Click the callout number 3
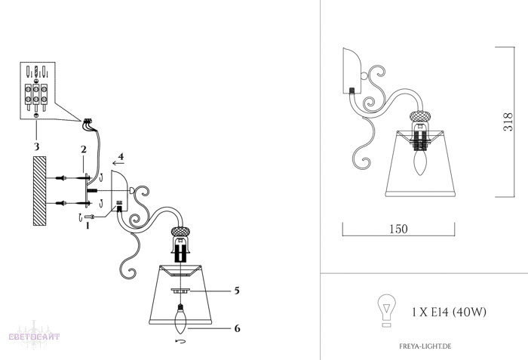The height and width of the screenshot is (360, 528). (36, 146)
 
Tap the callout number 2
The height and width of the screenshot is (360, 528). (84, 149)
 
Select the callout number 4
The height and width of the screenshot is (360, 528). (121, 156)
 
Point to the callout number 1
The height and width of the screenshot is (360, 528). (87, 226)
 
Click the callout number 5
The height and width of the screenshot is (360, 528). (237, 291)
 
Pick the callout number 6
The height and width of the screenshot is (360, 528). (237, 328)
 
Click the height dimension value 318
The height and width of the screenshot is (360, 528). (508, 122)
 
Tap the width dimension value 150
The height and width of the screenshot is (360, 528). (398, 229)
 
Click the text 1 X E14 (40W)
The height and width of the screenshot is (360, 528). (450, 312)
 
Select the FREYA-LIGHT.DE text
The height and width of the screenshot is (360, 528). (425, 346)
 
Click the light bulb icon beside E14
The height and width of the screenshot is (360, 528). (386, 310)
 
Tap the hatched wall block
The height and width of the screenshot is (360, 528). (39, 191)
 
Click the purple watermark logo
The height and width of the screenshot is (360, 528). (34, 335)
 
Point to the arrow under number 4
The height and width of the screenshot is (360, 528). (118, 163)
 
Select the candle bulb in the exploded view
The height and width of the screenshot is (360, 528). (181, 318)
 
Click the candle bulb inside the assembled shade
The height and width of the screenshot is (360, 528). (419, 162)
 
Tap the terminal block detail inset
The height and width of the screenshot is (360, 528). (38, 91)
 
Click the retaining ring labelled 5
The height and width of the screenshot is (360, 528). (180, 291)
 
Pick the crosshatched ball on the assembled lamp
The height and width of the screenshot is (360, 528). (420, 116)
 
